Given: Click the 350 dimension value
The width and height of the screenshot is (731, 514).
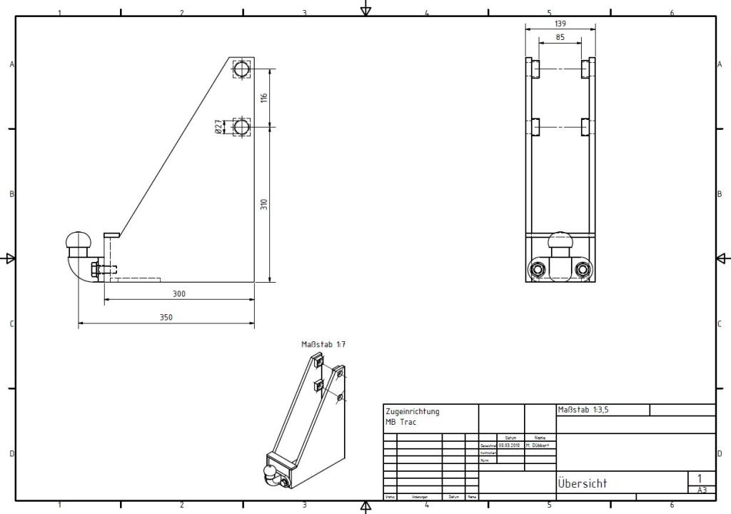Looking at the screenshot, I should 166,317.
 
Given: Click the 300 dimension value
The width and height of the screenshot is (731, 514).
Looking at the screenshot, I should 179,293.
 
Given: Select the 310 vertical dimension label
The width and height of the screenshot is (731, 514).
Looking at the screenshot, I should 263,204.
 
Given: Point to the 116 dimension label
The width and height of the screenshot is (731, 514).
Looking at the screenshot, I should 263,97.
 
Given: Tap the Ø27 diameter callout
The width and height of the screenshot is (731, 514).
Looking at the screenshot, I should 218,127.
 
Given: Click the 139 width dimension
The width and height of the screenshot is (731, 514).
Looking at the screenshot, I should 560,24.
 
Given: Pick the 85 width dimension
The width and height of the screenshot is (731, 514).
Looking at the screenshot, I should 560,36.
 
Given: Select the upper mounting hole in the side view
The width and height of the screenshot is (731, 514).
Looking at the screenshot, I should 241,69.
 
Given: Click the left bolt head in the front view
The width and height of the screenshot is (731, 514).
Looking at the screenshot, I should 536,269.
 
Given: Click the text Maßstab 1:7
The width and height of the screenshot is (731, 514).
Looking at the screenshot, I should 323,344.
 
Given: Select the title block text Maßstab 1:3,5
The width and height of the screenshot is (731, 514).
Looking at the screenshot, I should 583,410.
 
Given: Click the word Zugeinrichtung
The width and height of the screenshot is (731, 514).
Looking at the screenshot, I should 413,411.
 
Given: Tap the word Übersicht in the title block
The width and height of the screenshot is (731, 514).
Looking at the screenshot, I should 582,483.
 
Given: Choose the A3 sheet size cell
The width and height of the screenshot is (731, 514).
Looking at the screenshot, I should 702,490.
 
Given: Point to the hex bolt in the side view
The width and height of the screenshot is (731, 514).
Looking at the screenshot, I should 96,269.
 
